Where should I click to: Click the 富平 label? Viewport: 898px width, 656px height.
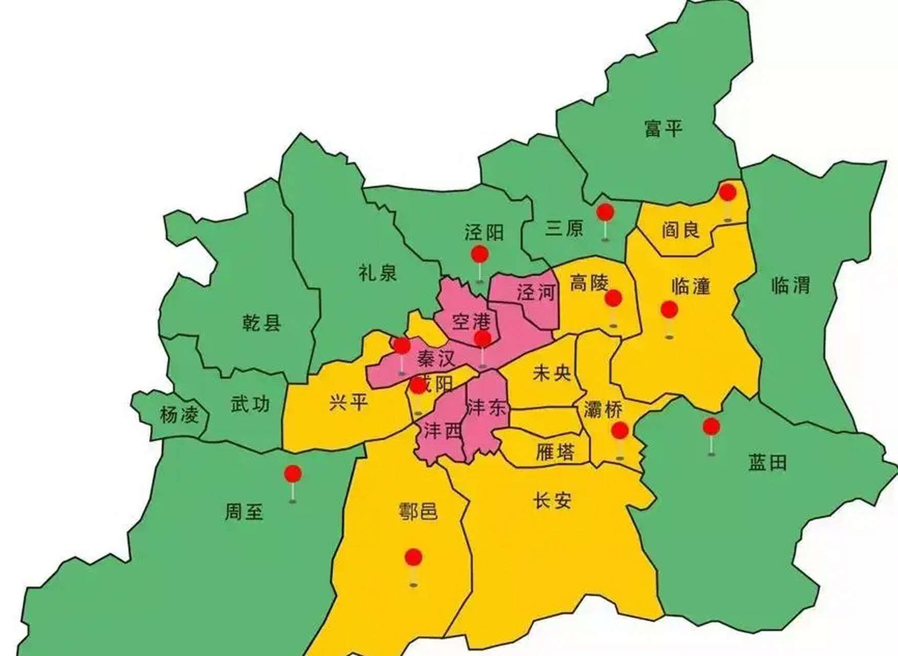664,128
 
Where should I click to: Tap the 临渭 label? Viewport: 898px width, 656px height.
790,285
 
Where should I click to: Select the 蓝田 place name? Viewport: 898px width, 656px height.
767,463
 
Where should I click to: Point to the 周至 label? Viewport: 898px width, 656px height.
244,511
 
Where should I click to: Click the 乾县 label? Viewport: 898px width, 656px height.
262,323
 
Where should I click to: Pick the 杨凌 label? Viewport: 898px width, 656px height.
179,414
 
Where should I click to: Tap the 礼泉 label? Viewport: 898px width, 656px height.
378,272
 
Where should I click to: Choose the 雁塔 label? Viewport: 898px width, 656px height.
555,451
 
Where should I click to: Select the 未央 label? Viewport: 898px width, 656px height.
552,373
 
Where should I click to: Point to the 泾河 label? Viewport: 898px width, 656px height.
536,293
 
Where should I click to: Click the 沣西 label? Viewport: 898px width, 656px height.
443,430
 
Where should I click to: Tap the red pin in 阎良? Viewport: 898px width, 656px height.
728,193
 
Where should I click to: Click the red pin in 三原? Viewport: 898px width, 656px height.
605,212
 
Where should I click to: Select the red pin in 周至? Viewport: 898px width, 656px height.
293,474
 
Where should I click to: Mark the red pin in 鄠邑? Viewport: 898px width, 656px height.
413,557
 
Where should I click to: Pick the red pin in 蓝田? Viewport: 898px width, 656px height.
711,426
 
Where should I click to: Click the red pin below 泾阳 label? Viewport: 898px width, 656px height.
480,254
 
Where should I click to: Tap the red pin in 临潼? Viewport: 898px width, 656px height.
669,309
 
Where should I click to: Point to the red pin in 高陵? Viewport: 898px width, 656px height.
613,298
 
